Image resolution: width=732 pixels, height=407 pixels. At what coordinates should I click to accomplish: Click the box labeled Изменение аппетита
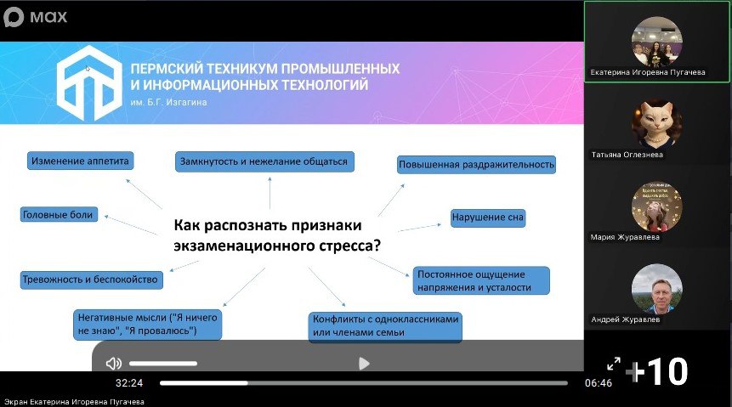[80, 161]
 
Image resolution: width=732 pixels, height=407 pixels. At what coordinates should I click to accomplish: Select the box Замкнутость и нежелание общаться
[264, 161]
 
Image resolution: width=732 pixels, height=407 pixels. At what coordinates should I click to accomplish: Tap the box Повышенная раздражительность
[476, 164]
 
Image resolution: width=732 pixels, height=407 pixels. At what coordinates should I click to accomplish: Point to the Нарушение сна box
[488, 218]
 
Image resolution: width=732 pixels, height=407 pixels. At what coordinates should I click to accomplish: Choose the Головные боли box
[59, 215]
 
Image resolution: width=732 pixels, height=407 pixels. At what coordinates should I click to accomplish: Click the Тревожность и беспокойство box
[91, 280]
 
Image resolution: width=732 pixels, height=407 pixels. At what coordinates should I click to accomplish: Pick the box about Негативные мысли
[147, 325]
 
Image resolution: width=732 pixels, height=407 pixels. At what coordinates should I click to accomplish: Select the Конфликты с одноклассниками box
[385, 326]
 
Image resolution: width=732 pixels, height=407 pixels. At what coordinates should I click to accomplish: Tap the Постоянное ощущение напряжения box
[481, 281]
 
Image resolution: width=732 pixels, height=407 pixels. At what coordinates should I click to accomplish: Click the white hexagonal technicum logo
[89, 82]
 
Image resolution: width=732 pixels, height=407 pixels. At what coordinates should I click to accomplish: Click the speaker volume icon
[113, 363]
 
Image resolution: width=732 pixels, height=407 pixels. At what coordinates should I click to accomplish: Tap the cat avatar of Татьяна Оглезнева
[657, 124]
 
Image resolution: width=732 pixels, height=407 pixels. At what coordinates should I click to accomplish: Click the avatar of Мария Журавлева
[657, 206]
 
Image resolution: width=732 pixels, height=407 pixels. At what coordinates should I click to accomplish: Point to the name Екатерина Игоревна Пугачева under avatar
[648, 72]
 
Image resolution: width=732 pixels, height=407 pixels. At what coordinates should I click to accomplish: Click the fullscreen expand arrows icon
[614, 364]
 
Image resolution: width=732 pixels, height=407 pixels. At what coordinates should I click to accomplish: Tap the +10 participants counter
[657, 371]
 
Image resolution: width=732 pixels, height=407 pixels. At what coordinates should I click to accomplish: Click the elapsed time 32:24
[129, 383]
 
